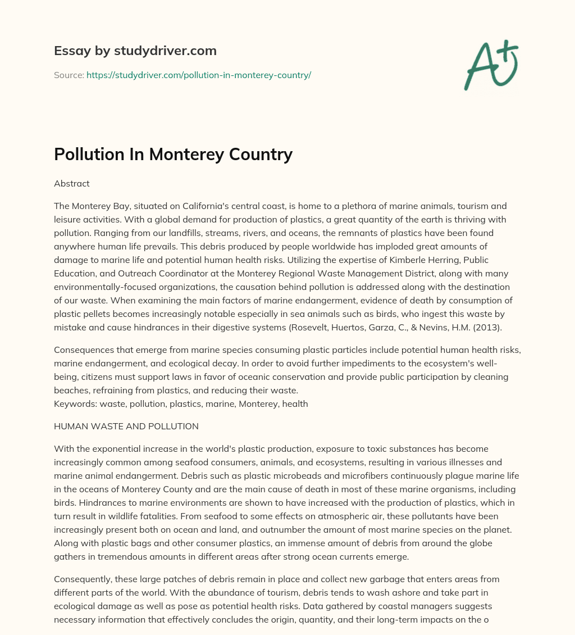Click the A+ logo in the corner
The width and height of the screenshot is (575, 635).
(x=490, y=65)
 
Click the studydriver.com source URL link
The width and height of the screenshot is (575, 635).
(x=198, y=75)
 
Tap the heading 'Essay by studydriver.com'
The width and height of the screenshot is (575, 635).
(x=135, y=51)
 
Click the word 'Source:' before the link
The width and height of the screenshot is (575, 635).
(x=69, y=75)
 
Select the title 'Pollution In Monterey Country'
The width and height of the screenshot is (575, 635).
(x=173, y=154)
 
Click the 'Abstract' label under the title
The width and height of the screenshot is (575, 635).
(x=71, y=183)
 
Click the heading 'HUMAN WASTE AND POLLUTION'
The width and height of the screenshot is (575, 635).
(x=126, y=427)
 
